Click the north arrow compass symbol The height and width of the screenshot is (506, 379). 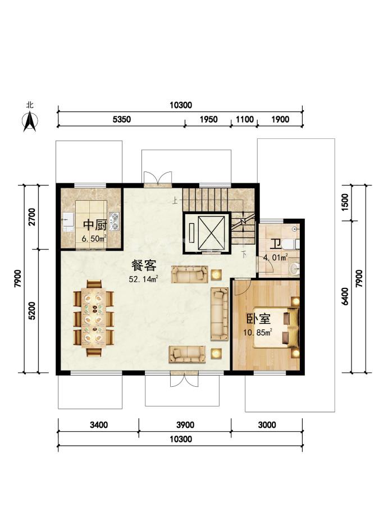[x=30, y=121]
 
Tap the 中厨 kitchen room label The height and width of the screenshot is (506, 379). [x=95, y=225]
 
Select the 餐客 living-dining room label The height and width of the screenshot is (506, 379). [x=144, y=265]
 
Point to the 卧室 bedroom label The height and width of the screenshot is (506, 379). [x=258, y=319]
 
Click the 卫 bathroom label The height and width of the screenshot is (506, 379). [x=275, y=244]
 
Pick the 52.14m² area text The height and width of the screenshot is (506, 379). [x=143, y=279]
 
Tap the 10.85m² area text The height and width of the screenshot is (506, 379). [x=258, y=332]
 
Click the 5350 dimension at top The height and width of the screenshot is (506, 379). [x=121, y=119]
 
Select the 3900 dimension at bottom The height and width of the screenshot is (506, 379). [x=185, y=424]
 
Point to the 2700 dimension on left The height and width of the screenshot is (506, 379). [x=32, y=217]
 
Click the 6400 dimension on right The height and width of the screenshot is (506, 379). [x=345, y=296]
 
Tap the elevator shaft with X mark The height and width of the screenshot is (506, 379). [x=207, y=233]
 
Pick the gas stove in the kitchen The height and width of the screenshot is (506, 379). [x=114, y=222]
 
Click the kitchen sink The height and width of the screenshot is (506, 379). [x=68, y=222]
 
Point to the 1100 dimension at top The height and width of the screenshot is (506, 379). [x=245, y=119]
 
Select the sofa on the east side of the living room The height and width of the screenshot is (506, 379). [x=220, y=314]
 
